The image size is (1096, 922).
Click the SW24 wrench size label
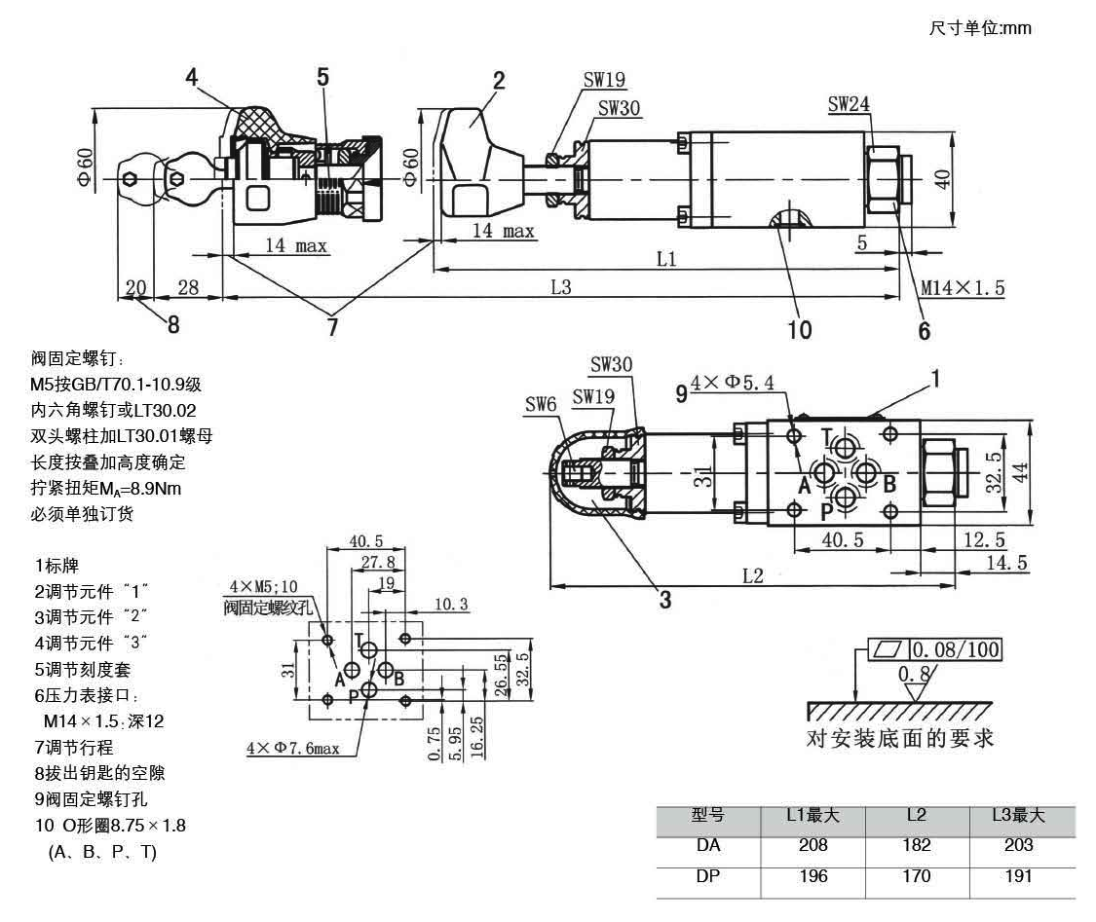[x=850, y=103]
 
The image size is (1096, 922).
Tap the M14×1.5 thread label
[x=963, y=287]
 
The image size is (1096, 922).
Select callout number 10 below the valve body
[x=798, y=330]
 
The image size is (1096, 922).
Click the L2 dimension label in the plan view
[x=752, y=575]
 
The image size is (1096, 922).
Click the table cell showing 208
[x=813, y=845]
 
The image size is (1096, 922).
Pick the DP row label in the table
[x=708, y=876]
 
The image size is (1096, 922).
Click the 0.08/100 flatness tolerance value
[x=956, y=649]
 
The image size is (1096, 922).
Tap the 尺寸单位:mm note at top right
[x=980, y=28]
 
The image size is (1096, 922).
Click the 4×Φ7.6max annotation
[x=292, y=749]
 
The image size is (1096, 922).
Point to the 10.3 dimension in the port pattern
[x=450, y=605]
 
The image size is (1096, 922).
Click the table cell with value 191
[x=1018, y=876]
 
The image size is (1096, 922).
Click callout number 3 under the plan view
[x=664, y=601]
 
